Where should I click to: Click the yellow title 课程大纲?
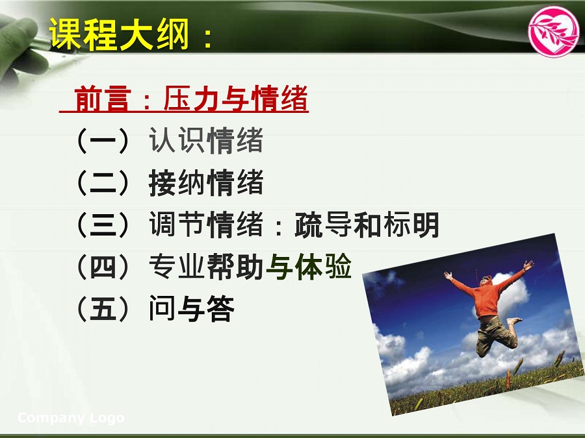click(x=119, y=34)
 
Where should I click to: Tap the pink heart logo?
click(x=554, y=31)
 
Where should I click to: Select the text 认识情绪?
click(x=206, y=140)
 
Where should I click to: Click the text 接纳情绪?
click(x=206, y=182)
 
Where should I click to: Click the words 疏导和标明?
click(x=367, y=225)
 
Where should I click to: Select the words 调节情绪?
click(x=206, y=225)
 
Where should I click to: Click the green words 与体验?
click(x=309, y=266)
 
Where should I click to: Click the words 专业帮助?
click(x=207, y=266)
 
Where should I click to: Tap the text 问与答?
click(x=191, y=308)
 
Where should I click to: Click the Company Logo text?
click(x=71, y=418)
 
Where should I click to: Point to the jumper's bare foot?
click(x=515, y=321)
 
